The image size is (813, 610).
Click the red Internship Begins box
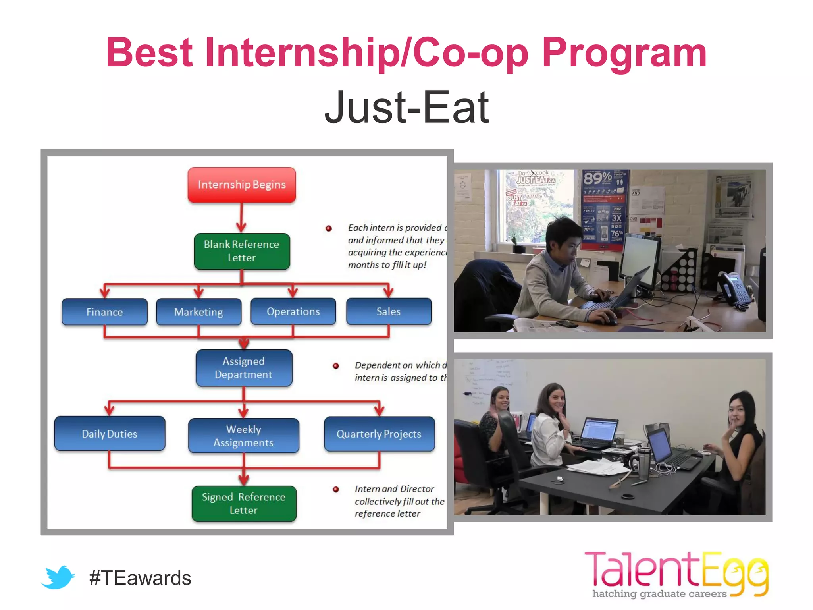point(241,185)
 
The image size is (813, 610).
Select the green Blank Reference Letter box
point(241,251)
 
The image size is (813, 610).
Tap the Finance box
point(104,312)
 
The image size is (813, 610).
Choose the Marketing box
point(198,312)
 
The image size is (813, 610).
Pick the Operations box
point(293,311)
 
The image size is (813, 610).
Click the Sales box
point(388,311)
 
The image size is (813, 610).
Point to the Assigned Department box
point(243,368)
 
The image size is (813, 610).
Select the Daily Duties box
point(110,434)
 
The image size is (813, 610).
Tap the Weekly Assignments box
point(243,436)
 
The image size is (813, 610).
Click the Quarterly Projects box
point(379,434)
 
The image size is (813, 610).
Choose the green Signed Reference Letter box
point(243,504)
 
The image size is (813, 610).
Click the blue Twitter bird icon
point(58,577)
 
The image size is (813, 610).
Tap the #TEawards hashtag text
point(140,578)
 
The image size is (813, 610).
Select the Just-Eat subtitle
point(406,107)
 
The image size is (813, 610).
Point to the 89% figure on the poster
point(597,178)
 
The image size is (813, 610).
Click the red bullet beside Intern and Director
point(336,489)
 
